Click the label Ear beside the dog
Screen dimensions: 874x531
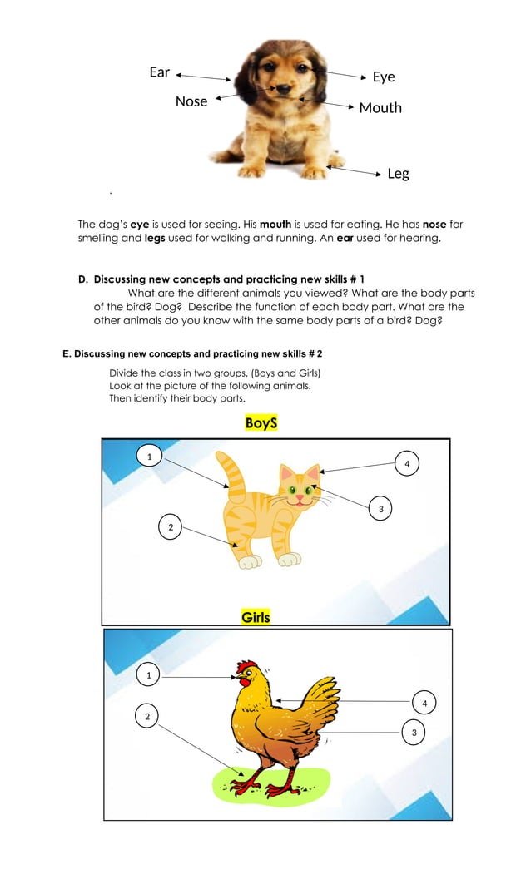(x=159, y=72)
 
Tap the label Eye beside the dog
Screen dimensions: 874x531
(x=383, y=77)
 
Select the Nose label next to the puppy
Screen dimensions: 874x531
(x=191, y=101)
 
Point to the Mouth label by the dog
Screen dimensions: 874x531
(x=380, y=107)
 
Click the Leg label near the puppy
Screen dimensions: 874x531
(x=398, y=174)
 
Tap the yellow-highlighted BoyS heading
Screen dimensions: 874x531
(x=261, y=423)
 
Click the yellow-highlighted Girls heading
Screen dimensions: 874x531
(x=256, y=617)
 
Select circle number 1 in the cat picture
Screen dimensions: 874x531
(x=149, y=457)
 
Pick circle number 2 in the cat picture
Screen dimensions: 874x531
(x=171, y=526)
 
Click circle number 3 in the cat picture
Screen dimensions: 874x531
(x=380, y=507)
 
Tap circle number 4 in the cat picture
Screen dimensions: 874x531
(x=406, y=462)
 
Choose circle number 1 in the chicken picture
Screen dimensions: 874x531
(x=149, y=676)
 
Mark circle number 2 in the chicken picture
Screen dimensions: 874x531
(x=147, y=716)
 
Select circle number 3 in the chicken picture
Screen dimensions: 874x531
(x=414, y=732)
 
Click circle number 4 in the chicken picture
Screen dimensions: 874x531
(x=424, y=704)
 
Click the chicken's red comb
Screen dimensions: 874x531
(x=246, y=667)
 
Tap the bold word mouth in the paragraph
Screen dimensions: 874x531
(x=277, y=225)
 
